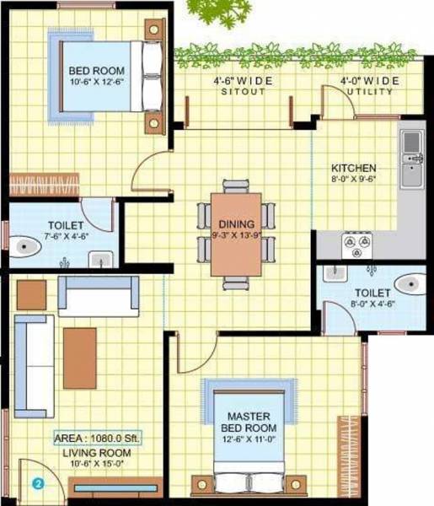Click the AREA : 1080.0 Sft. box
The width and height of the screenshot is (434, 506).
98,439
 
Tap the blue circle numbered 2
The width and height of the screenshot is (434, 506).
38,484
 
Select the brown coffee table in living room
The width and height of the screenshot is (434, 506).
79,346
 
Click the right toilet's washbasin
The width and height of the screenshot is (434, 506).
336,272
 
